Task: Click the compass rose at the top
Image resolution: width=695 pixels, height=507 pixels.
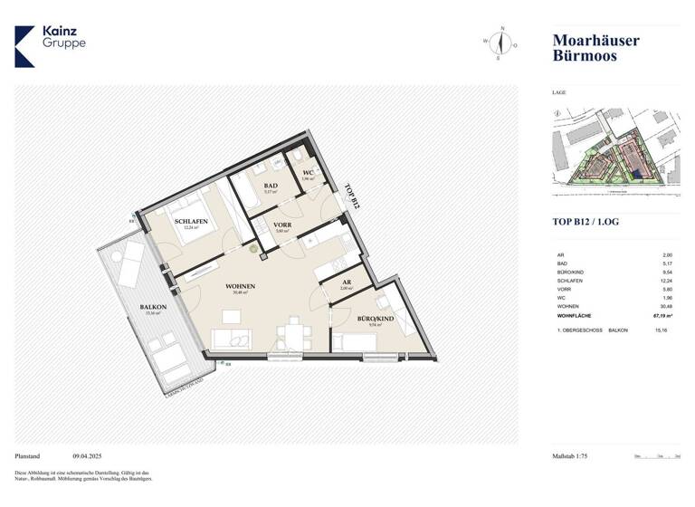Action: click(500, 43)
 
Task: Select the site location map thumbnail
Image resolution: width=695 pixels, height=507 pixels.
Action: click(615, 150)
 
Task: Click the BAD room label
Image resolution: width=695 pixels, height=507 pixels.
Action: click(270, 186)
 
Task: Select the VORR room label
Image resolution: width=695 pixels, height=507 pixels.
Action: click(281, 225)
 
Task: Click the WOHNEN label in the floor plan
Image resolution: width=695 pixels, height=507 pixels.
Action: click(241, 286)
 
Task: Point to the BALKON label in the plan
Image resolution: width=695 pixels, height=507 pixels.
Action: click(151, 307)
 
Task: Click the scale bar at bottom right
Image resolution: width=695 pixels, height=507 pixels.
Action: click(657, 457)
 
